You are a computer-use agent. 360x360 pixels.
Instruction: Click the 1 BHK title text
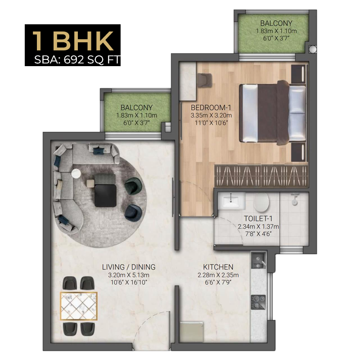tap(73, 41)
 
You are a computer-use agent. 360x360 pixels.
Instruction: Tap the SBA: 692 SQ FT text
tap(77, 60)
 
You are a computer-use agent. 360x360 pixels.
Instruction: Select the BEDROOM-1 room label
tap(211, 108)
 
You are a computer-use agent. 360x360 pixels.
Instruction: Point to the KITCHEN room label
tap(218, 267)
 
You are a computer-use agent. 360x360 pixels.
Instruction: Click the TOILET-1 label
tap(258, 218)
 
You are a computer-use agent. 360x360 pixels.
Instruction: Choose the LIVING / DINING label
tap(129, 267)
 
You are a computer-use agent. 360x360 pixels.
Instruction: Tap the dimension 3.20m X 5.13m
tap(129, 275)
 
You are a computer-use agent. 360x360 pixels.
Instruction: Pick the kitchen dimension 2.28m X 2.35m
tap(218, 275)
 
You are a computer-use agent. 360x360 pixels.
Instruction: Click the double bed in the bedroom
tap(273, 113)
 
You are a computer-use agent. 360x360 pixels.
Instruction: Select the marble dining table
tap(79, 306)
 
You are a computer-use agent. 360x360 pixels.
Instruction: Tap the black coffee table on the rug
tap(105, 196)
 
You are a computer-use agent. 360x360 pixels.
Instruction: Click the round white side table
tap(76, 173)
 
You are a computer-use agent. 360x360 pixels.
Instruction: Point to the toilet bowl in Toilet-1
tap(261, 202)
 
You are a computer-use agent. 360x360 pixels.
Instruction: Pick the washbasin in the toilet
tap(231, 200)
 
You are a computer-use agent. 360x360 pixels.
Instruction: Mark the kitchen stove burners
tap(258, 302)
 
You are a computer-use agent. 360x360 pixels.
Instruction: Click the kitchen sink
tap(259, 261)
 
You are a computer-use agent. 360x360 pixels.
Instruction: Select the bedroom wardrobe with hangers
tap(261, 175)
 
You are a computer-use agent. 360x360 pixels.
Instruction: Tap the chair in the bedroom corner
tap(205, 80)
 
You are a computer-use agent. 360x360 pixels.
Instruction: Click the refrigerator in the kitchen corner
tap(192, 332)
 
